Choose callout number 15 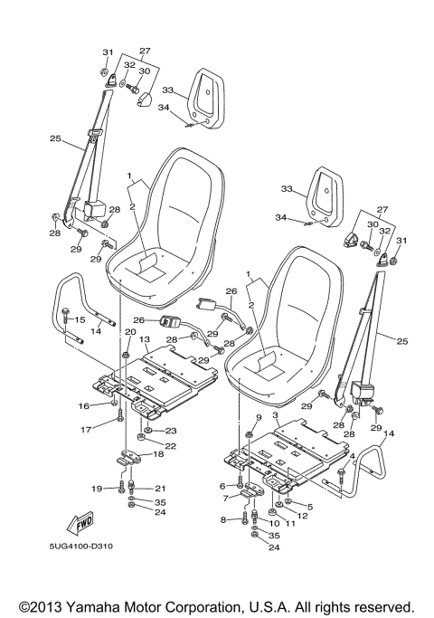click(x=79, y=319)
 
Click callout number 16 click(x=82, y=406)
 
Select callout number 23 click(x=170, y=430)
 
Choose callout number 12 click(x=302, y=516)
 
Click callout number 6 click(x=222, y=486)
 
